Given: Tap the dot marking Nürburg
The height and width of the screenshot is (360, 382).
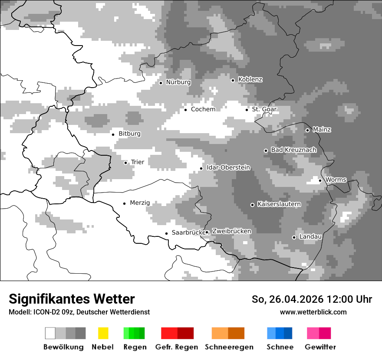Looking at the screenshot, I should [161, 82].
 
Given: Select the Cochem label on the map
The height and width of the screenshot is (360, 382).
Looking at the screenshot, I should [203, 109].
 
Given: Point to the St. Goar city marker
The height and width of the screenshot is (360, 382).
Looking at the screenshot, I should [247, 109].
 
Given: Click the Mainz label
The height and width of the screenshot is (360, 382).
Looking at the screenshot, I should [322, 130].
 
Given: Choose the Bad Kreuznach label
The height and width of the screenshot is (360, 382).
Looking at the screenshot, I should [293, 150].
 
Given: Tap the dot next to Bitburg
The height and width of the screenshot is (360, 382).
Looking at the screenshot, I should [113, 134].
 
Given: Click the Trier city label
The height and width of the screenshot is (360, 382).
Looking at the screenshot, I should [137, 162].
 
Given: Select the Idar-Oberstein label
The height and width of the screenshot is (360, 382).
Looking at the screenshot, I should [228, 168].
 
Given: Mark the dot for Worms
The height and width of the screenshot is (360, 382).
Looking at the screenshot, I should [320, 180].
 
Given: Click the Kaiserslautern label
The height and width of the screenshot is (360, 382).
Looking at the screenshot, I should [279, 204].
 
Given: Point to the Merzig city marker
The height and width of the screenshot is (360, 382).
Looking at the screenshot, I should [124, 203].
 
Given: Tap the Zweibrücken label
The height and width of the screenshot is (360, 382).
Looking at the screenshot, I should [231, 231].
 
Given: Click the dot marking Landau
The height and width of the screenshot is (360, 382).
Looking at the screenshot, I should [294, 237].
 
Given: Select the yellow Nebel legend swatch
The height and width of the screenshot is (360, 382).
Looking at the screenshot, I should [103, 333].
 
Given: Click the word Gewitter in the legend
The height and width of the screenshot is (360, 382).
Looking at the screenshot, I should [320, 347].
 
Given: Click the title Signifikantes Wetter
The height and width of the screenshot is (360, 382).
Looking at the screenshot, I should [72, 299].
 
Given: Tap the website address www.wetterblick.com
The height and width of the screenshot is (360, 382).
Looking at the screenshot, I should [313, 312].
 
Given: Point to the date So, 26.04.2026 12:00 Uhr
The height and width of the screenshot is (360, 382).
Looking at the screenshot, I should [312, 299].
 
